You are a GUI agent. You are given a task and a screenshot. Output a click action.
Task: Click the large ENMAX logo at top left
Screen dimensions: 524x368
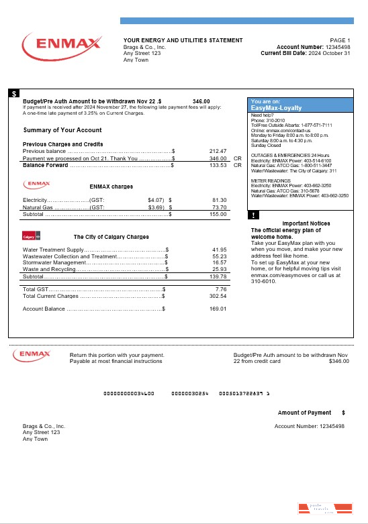pos(61,45)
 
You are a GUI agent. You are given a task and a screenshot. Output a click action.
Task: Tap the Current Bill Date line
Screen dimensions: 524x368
pos(306,54)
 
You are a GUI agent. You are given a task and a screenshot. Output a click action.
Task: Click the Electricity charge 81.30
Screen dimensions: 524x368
pos(220,200)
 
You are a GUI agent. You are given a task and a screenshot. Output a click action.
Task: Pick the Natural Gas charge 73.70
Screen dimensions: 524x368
pos(220,207)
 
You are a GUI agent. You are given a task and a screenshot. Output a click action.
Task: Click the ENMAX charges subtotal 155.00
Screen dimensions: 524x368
pos(218,215)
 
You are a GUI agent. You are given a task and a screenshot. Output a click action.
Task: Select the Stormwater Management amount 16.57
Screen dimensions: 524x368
pos(220,262)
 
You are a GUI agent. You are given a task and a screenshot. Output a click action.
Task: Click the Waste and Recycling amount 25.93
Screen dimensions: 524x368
pos(220,269)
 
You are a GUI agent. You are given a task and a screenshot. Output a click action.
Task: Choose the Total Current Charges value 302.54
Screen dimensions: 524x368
pos(218,296)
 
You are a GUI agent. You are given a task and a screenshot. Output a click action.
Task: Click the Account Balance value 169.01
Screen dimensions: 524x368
pos(218,309)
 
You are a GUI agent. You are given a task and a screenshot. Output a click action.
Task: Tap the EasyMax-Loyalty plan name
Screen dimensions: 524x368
pos(276,107)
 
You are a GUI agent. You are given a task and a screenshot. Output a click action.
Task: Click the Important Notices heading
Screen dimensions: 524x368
pos(305,223)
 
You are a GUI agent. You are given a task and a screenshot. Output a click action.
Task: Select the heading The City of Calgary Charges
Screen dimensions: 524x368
pos(111,237)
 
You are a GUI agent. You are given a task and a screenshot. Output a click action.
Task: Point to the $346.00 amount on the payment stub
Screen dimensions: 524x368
pos(339,361)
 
